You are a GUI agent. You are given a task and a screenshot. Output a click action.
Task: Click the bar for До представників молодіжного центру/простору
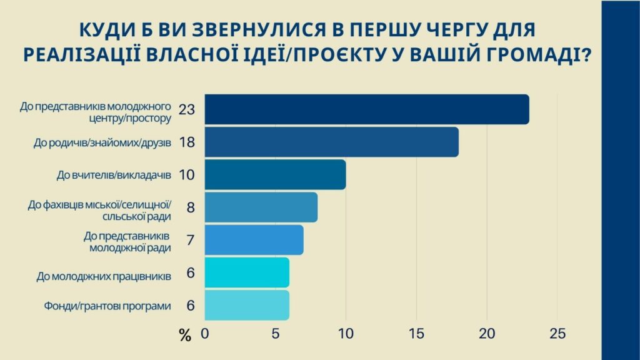click(367, 109)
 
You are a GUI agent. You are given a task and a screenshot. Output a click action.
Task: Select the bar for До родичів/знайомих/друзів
click(332, 142)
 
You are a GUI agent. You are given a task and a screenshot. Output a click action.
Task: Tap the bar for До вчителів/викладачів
click(275, 174)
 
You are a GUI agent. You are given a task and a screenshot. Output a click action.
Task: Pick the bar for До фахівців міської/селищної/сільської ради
click(261, 207)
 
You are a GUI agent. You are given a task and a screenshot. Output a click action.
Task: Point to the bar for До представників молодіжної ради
click(254, 240)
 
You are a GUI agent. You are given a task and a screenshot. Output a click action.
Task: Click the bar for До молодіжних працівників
click(247, 272)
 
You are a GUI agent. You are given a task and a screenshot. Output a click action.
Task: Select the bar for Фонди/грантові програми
click(247, 306)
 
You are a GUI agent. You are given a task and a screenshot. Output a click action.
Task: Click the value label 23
click(187, 110)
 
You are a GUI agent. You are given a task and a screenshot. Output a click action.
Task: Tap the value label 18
click(187, 142)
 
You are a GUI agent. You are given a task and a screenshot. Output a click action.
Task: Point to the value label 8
click(190, 207)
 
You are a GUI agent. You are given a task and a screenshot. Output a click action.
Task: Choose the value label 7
click(190, 240)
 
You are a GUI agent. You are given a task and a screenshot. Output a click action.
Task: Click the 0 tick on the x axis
click(205, 334)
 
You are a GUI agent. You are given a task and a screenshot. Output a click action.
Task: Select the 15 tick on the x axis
click(416, 334)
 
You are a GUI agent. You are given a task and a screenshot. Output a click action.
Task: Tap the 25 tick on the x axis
click(557, 334)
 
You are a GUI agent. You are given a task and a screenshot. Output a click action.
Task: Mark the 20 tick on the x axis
click(487, 334)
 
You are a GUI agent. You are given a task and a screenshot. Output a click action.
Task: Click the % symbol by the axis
click(184, 336)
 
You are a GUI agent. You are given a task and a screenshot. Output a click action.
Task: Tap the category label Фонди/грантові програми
click(107, 306)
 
